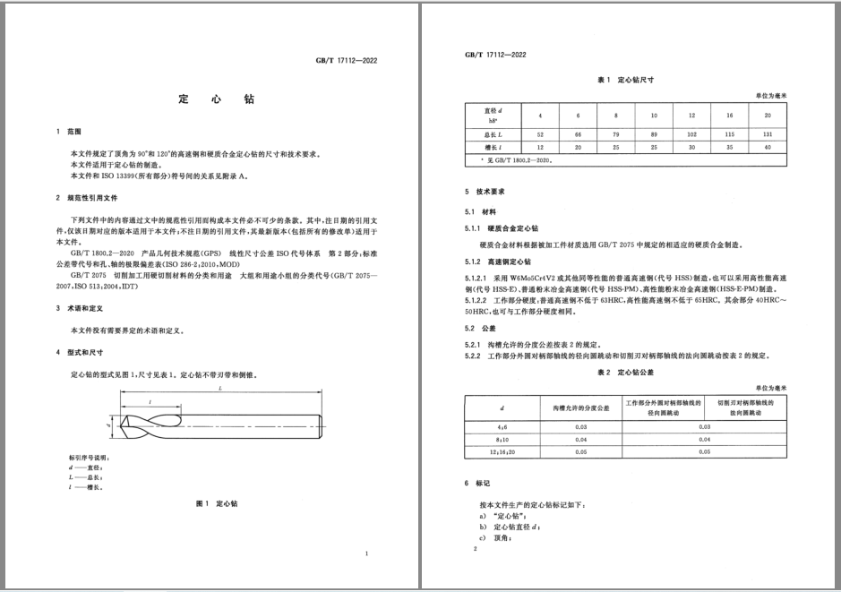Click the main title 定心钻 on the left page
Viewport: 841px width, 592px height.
tap(216, 99)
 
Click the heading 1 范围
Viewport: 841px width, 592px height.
tap(69, 132)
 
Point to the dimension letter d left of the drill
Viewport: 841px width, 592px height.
tap(107, 431)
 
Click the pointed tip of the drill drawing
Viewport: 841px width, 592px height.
tap(121, 432)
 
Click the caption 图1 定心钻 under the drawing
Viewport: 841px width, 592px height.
tap(216, 504)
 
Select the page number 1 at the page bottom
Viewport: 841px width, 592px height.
tap(367, 555)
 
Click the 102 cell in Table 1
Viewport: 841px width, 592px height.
tap(691, 133)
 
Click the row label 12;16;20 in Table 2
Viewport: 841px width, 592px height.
tap(501, 452)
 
